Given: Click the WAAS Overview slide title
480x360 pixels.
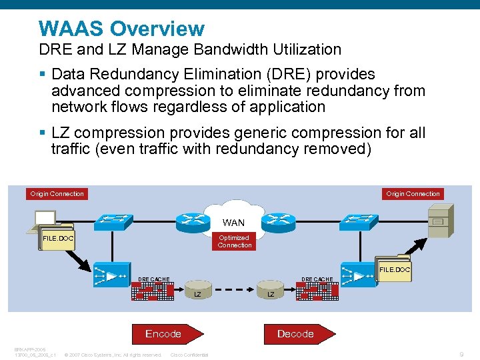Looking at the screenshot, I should (x=121, y=29).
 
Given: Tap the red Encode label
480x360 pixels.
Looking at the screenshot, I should (x=163, y=333).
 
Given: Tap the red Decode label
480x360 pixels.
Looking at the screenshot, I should (x=295, y=333).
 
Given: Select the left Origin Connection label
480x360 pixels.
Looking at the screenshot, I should (x=57, y=194).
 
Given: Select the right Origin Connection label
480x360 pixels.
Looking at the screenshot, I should (x=413, y=194).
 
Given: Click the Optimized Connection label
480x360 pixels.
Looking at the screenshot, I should (x=234, y=241).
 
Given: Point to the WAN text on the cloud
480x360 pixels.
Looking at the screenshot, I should (x=233, y=223).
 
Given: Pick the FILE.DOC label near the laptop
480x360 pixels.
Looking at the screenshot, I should (x=58, y=238).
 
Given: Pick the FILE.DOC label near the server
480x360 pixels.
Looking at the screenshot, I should (x=395, y=270).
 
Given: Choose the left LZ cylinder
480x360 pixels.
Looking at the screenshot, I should (x=197, y=293).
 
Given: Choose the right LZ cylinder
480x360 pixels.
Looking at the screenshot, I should (x=270, y=293).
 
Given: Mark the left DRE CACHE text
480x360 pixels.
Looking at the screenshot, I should (x=153, y=279).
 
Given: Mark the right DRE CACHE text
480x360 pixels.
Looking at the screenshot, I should (x=317, y=279).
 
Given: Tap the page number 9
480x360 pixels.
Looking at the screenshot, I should (x=462, y=354).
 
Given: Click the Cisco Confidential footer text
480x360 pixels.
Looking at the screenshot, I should (x=190, y=355).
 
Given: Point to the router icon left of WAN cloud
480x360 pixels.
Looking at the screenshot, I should (x=193, y=221).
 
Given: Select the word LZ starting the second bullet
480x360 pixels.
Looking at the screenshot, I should (x=61, y=133).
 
